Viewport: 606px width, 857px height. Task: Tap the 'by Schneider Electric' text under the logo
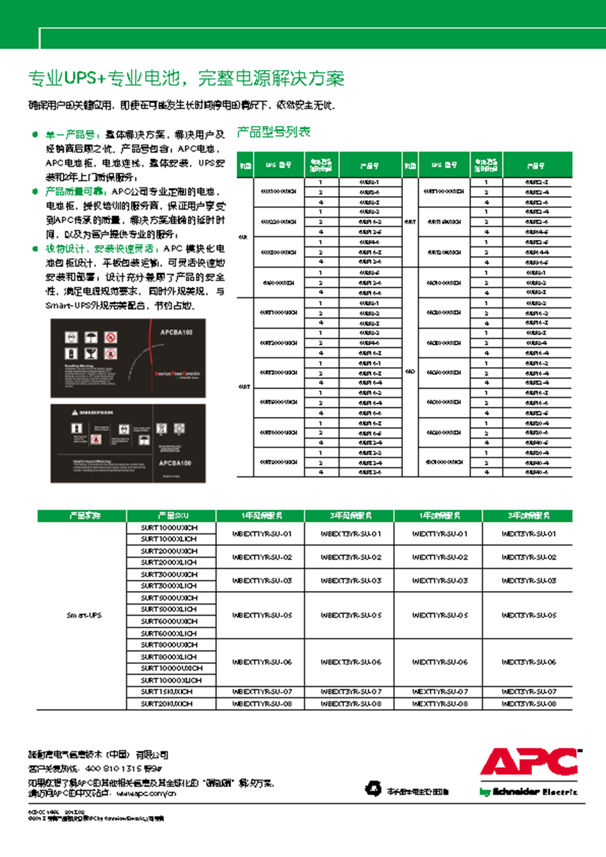tap(528, 792)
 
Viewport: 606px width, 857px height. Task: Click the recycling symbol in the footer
tap(373, 788)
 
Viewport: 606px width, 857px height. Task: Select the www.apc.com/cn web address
tap(146, 793)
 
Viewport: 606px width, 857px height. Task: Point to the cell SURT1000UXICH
tap(169, 528)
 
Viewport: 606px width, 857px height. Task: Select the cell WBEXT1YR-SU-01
tap(262, 534)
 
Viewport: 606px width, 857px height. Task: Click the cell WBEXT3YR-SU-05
tap(351, 615)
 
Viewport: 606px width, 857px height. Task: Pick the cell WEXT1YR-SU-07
tap(440, 692)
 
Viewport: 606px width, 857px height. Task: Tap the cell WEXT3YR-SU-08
tap(529, 704)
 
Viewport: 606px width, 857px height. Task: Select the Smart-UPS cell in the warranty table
tap(84, 615)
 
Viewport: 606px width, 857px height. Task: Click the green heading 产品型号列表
tap(273, 132)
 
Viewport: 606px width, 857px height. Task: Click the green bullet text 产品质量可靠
tap(75, 192)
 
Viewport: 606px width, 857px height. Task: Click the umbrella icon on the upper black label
tap(91, 338)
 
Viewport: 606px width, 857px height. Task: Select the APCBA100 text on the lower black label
tap(175, 463)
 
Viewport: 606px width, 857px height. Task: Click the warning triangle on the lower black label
tap(75, 412)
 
